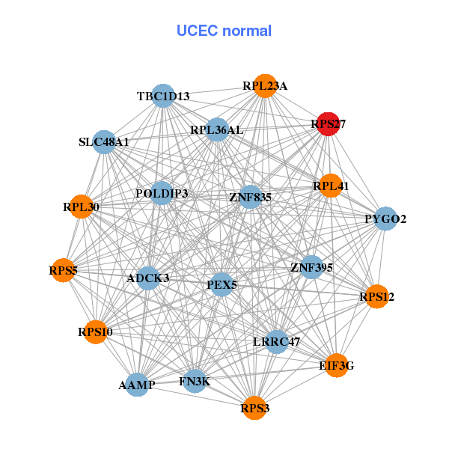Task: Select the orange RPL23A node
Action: [264, 86]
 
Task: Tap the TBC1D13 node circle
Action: [164, 96]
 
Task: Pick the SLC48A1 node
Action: [104, 142]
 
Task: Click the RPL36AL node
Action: [217, 129]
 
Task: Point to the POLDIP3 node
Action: [162, 193]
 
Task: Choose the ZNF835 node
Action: [250, 197]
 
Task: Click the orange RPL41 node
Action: [330, 186]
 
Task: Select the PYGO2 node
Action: [385, 219]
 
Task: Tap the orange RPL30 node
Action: [81, 207]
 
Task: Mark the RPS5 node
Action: [64, 269]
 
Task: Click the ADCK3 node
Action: [148, 278]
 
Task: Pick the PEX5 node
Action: [221, 284]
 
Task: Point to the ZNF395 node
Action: [311, 266]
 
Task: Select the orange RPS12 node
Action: [376, 297]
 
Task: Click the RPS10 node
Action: [95, 332]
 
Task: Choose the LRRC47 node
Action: [277, 341]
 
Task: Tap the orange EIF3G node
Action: [337, 365]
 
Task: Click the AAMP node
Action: [137, 385]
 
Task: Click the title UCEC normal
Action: [224, 31]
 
